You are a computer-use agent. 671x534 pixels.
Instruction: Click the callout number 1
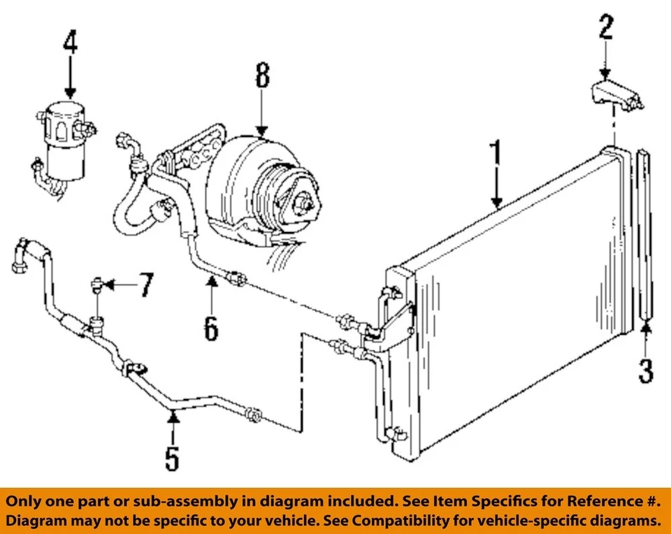coord(496,154)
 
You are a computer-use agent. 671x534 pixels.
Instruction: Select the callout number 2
coord(605,28)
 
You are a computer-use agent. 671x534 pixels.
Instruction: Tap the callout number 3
coord(646,368)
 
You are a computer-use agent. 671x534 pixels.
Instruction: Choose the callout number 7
coord(144,285)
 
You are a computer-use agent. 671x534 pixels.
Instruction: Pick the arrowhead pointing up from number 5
coord(173,417)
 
